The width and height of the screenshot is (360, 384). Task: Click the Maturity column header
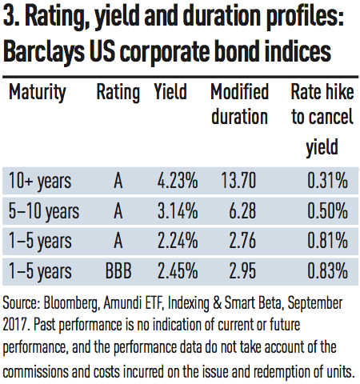click(38, 93)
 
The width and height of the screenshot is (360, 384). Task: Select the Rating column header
click(118, 93)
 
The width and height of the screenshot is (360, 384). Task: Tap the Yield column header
click(170, 91)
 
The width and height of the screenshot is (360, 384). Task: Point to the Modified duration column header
click(239, 104)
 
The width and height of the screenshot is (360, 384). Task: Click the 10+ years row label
click(40, 182)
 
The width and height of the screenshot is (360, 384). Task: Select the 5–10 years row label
click(44, 211)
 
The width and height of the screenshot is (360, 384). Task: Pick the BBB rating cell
click(118, 271)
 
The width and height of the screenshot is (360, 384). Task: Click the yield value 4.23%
click(178, 181)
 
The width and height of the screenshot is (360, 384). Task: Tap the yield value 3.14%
click(178, 210)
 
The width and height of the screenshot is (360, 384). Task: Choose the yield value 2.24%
click(178, 241)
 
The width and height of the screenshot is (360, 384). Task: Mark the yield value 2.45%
click(178, 271)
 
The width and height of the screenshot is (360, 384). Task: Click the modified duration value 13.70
click(238, 181)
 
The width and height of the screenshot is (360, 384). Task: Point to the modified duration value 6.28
click(242, 210)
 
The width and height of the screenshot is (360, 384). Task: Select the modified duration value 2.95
click(242, 271)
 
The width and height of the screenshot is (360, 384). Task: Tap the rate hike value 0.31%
click(328, 181)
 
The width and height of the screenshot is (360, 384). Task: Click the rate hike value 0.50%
click(328, 210)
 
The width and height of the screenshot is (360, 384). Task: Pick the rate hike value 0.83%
click(328, 271)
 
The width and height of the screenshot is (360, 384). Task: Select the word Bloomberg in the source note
click(70, 304)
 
